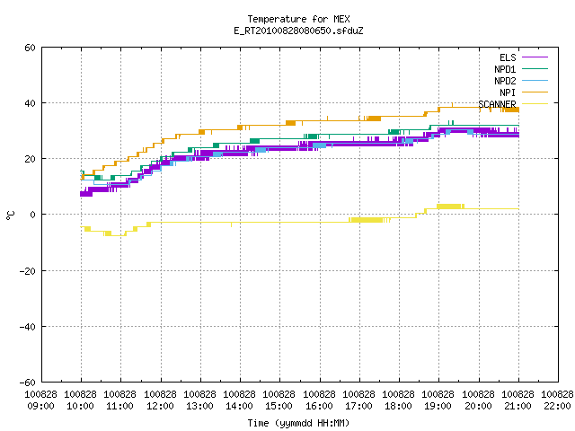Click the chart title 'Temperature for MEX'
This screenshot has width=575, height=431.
pos(298,19)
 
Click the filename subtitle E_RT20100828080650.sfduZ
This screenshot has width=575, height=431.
pos(298,31)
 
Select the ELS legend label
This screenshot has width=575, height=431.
pos(508,57)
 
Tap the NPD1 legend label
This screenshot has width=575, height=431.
pos(505,69)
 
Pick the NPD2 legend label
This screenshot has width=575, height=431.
pos(505,81)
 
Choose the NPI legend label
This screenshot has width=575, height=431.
pos(508,92)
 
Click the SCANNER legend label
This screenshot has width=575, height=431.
pos(497,104)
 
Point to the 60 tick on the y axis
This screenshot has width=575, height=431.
pos(30,48)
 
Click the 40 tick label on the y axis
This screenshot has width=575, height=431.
pos(30,103)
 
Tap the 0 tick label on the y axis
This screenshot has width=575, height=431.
pos(32,215)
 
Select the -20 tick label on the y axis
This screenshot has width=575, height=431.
pos(28,271)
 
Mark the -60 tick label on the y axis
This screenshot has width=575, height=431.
pos(28,383)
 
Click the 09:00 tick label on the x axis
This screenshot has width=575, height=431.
pos(40,406)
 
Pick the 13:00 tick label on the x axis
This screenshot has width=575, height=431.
pos(199,406)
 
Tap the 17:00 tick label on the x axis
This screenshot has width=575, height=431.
pos(358,406)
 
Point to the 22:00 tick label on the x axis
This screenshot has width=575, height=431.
pos(557,406)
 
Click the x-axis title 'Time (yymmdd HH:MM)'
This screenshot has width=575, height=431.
pos(298,423)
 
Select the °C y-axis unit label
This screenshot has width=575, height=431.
pos(10,215)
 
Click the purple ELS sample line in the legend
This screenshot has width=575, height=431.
pos(535,57)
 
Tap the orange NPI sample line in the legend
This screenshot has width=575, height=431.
pos(535,92)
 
